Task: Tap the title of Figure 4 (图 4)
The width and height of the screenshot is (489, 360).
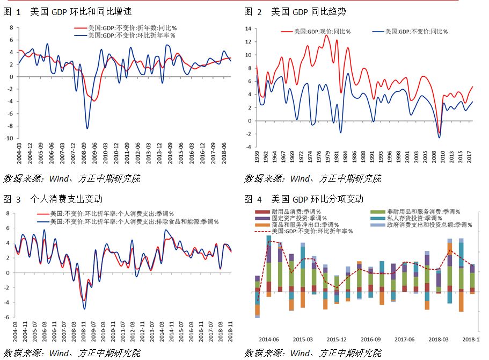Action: click(304, 199)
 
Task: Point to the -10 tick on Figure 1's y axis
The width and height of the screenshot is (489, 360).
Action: click(9, 138)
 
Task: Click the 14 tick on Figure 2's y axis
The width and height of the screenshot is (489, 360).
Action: click(248, 28)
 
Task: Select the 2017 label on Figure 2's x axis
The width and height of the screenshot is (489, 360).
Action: click(470, 156)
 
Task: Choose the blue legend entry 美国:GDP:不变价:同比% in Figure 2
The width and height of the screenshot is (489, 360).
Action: click(413, 32)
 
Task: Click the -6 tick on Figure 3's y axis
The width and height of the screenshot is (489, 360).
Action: click(9, 317)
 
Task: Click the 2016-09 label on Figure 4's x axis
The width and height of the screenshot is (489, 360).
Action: click(370, 340)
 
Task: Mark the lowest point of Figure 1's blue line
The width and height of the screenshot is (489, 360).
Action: click(87, 128)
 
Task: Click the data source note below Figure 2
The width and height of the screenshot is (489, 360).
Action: click(313, 178)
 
